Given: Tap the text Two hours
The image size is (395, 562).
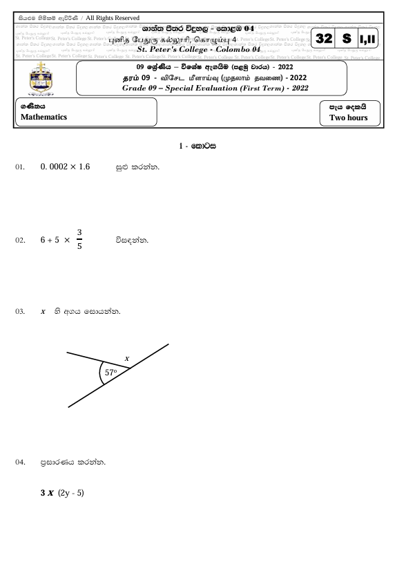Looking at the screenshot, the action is tap(343, 118).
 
